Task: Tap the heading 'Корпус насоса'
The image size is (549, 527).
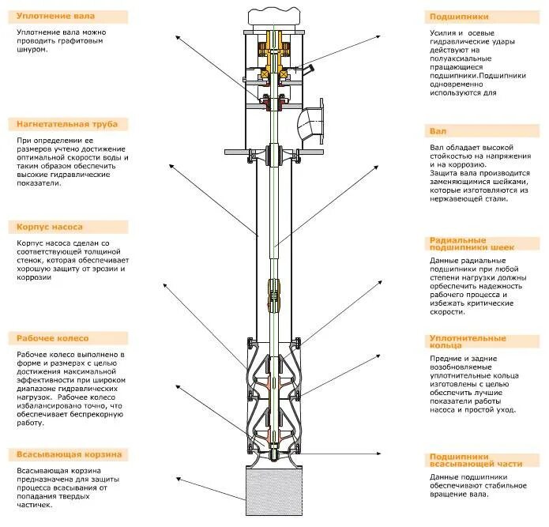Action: click(50, 227)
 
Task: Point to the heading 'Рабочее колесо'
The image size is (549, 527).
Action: click(51, 338)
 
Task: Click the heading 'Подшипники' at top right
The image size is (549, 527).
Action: click(459, 16)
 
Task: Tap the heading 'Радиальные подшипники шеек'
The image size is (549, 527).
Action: click(471, 243)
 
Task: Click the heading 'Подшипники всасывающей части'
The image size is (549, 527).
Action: click(475, 460)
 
